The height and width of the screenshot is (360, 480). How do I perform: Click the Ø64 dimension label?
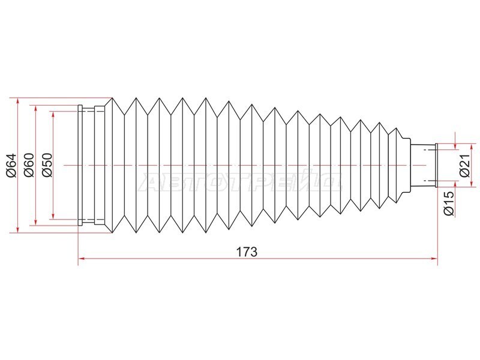click(x=11, y=166)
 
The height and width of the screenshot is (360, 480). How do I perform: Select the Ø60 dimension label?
click(x=29, y=166)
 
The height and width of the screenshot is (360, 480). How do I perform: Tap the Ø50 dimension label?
click(x=47, y=166)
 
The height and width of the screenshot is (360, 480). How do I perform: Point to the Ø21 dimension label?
click(x=464, y=166)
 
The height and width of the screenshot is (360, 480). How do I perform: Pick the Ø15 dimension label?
click(x=449, y=203)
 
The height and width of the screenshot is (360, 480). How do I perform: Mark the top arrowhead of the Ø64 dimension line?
click(x=18, y=101)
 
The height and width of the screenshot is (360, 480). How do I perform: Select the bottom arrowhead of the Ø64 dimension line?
click(x=18, y=229)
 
